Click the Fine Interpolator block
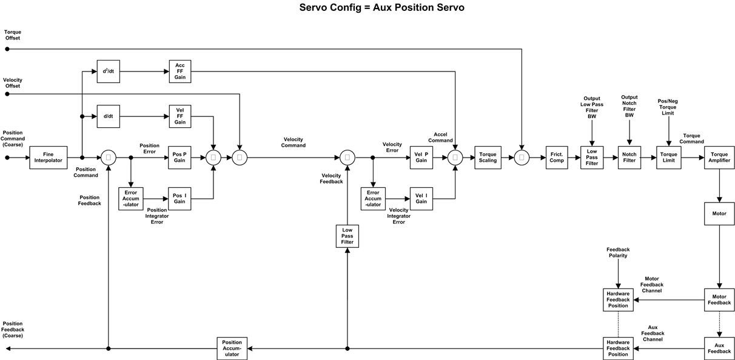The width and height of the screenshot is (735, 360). coord(48,158)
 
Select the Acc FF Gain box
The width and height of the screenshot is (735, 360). coord(180,71)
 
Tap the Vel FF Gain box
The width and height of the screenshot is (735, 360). coord(180,116)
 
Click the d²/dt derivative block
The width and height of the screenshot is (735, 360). coord(108,71)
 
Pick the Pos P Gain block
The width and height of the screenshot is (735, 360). coord(180,158)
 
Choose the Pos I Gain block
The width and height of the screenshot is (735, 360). coord(180,199)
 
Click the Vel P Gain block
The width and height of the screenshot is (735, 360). coord(421,158)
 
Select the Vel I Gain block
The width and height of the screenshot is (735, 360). coord(421,199)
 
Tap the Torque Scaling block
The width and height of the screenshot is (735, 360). coord(488,158)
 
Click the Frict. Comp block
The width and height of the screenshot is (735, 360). coord(556,158)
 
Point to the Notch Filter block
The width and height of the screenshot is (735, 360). coord(629,158)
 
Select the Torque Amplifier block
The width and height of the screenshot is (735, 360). coord(719,158)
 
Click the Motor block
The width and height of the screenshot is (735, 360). coord(719,213)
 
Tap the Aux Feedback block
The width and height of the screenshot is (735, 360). coord(719,348)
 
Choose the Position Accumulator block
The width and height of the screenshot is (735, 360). coord(232,348)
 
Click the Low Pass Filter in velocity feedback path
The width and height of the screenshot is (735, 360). coord(347,236)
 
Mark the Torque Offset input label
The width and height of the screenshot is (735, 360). coord(12,35)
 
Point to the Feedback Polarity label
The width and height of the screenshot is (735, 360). coord(618,253)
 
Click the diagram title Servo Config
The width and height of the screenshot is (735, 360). coord(381,8)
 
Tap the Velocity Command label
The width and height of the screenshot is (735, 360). coord(293,142)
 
